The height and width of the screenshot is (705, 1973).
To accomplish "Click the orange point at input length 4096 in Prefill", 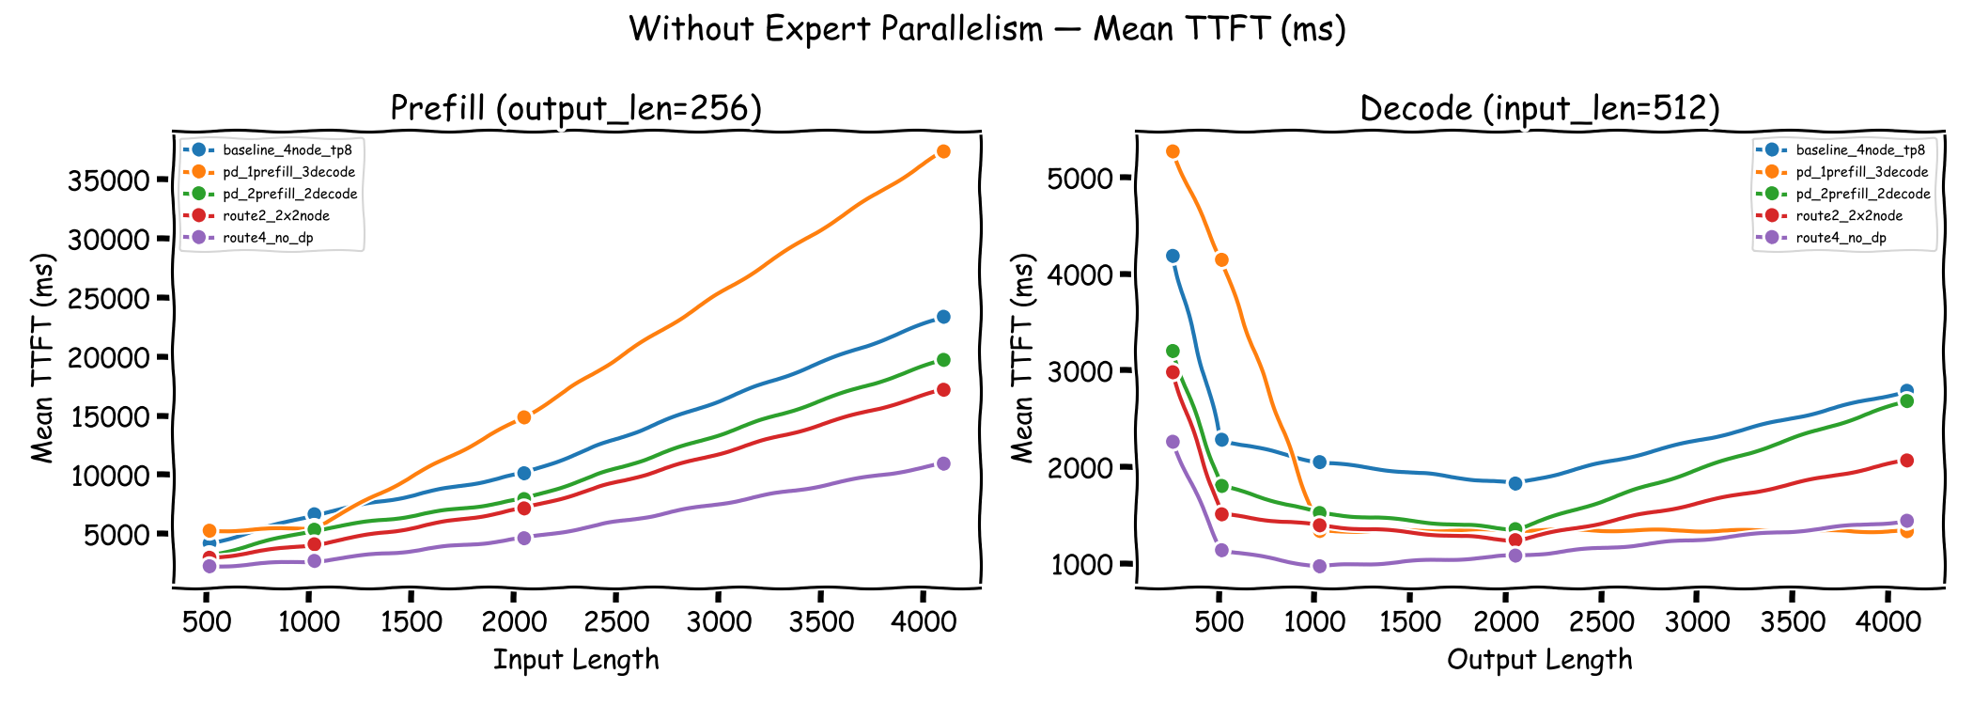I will point(943,151).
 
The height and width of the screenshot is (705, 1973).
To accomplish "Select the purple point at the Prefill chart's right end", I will point(943,463).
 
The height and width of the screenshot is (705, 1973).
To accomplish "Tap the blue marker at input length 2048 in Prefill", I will point(524,473).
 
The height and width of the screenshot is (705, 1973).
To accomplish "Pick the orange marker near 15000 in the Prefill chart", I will point(524,417).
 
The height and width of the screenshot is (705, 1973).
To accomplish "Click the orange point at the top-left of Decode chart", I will point(1173,151).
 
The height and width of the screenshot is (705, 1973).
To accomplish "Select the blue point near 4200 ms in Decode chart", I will point(1173,256).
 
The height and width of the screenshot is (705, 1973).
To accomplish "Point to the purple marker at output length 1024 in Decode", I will point(1319,566).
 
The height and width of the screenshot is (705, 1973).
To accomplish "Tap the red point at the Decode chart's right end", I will point(1906,461).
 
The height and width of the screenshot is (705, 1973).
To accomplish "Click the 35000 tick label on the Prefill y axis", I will point(109,180).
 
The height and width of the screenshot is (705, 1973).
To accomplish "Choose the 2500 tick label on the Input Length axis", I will point(616,621).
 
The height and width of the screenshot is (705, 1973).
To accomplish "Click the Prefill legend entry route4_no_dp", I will point(268,238).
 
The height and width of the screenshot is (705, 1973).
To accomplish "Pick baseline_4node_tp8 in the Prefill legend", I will point(287,150).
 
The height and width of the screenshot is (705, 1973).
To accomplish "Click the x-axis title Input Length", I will point(576,660).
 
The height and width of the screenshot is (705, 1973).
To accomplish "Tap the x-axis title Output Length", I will point(1539,660).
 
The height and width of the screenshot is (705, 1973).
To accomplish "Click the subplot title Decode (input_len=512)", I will point(1539,109).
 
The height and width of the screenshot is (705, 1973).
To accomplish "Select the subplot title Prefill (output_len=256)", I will point(576,109).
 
